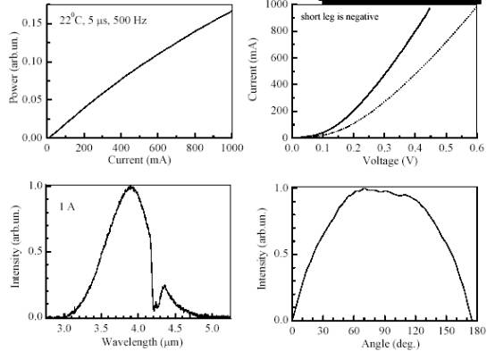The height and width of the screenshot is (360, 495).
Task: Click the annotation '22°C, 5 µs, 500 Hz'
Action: pos(104,20)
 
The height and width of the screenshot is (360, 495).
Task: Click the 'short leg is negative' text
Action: pos(340,16)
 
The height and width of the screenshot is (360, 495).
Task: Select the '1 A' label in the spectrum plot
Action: pos(67,207)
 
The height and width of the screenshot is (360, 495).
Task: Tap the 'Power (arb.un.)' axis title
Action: pos(14,67)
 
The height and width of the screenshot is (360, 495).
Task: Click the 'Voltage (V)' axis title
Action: pos(390,161)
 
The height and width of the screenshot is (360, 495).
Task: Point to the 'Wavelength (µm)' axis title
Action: pos(142,342)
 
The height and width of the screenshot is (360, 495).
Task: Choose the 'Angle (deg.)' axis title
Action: pos(390,344)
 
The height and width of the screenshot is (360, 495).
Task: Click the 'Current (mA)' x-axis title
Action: pos(139,160)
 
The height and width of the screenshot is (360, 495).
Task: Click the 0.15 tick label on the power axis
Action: pos(32,23)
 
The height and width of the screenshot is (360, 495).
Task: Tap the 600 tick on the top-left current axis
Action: pos(157,147)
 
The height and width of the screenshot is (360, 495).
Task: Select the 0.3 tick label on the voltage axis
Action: pos(384,147)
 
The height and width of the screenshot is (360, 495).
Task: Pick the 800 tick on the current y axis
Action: pos(280,31)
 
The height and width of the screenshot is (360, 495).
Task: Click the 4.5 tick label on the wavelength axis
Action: pos(174,329)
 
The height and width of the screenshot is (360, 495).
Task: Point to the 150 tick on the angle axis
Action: pos(447,331)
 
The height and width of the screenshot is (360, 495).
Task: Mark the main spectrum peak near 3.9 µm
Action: pos(130,187)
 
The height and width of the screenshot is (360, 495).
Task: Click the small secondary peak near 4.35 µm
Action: pos(164,286)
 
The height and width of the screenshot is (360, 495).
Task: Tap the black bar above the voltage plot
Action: pos(401,2)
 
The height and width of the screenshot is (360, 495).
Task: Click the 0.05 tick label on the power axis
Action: pos(32,99)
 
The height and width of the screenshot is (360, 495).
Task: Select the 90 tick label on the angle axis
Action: pos(385,331)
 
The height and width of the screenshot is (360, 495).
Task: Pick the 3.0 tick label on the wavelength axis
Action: pos(63,329)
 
